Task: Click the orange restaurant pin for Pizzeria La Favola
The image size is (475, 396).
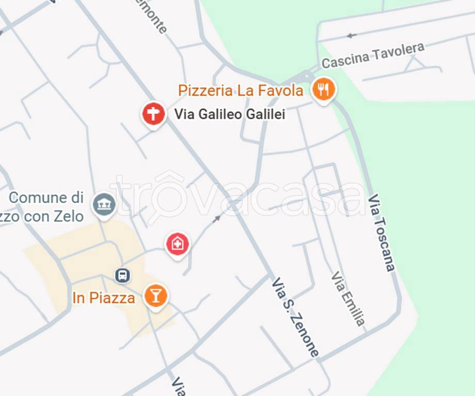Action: tap(323, 90)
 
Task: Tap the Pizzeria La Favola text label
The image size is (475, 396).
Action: tap(240, 91)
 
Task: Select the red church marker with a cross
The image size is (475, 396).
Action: tap(153, 113)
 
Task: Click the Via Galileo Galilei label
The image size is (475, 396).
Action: tap(229, 114)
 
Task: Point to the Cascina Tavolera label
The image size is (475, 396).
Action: tap(373, 55)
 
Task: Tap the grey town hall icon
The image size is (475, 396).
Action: tap(104, 204)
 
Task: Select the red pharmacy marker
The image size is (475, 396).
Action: tap(177, 244)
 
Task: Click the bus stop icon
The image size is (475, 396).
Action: tap(122, 275)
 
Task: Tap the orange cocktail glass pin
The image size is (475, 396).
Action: tap(155, 296)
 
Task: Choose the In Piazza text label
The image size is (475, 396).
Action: tap(104, 298)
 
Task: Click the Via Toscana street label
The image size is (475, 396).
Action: tap(383, 233)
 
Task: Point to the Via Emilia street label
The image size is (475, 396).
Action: tap(349, 298)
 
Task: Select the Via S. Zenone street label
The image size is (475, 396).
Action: tap(295, 317)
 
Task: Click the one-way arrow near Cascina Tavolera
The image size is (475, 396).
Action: tap(352, 36)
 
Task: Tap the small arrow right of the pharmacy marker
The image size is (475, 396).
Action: tap(217, 218)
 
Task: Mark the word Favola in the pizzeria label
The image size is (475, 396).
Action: tap(279, 91)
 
